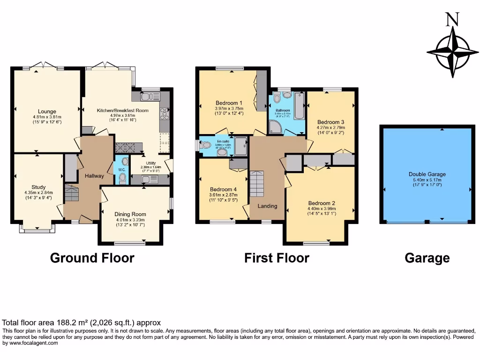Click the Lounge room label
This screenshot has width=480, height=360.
click(x=47, y=112)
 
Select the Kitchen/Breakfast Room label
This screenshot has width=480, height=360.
click(x=122, y=111)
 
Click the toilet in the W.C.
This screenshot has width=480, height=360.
click(x=122, y=177)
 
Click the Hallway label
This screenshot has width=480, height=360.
click(x=94, y=176)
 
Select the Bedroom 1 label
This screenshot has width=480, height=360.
click(x=229, y=103)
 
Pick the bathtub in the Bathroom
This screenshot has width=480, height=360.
click(x=299, y=105)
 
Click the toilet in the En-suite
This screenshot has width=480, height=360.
click(x=205, y=146)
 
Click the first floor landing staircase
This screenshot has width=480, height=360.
click(x=257, y=184)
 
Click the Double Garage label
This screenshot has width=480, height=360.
click(x=427, y=174)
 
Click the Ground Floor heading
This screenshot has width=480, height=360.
click(x=92, y=258)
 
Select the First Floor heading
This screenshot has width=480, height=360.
click(x=277, y=258)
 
